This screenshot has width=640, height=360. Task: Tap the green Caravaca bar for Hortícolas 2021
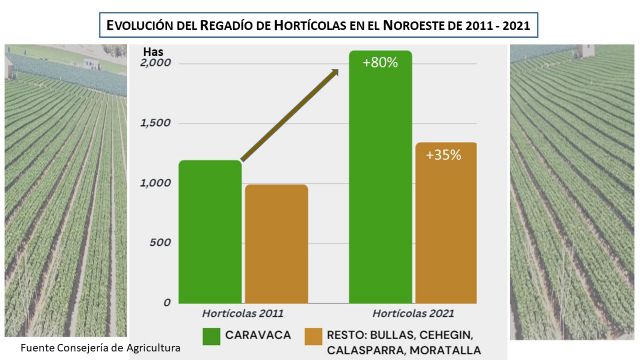click(380, 180)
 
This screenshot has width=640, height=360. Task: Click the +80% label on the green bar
click(380, 63)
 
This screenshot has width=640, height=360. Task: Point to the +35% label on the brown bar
click(443, 156)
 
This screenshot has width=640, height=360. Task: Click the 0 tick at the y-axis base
click(167, 302)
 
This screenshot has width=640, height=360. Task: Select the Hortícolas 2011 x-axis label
click(243, 314)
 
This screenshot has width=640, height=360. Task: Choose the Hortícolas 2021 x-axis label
click(411, 314)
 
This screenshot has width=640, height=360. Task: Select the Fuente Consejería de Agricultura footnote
click(85, 347)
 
